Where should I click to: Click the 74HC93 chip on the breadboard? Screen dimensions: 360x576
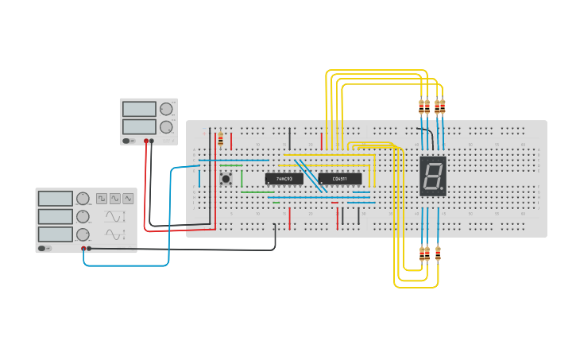(x=284, y=179)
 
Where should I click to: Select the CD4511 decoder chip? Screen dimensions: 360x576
(x=339, y=179)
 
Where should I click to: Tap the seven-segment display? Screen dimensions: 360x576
(x=433, y=176)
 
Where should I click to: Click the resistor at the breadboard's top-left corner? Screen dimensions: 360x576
(x=220, y=139)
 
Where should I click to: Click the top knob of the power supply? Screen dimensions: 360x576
(x=166, y=110)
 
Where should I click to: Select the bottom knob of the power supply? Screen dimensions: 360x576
(x=166, y=126)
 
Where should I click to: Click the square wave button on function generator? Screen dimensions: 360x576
(x=102, y=199)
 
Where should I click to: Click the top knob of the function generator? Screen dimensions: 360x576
(x=83, y=199)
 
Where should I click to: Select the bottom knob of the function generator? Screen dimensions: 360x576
(x=83, y=234)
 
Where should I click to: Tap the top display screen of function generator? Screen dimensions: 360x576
(x=56, y=199)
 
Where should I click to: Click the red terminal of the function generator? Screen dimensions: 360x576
(x=83, y=249)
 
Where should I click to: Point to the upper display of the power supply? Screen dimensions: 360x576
(x=139, y=109)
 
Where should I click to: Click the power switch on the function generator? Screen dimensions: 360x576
(x=46, y=249)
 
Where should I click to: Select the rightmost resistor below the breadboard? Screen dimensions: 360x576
(x=438, y=254)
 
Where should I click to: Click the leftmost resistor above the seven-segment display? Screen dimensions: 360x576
(x=421, y=106)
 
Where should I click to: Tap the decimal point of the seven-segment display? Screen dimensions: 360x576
(x=443, y=191)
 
